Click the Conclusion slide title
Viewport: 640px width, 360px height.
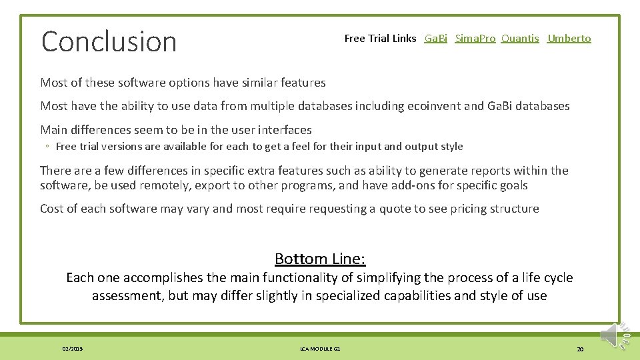109,41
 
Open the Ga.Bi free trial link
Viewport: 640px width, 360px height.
436,39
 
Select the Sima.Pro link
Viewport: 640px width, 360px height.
475,39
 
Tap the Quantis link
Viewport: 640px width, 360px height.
520,39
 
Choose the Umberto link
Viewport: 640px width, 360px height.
569,39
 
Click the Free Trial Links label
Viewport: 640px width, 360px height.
380,39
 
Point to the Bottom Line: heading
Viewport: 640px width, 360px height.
320,259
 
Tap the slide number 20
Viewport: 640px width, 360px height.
580,349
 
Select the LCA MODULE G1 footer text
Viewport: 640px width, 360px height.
320,349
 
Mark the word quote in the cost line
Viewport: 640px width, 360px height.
395,209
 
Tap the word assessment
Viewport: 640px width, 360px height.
127,295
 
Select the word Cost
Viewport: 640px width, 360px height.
52,209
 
